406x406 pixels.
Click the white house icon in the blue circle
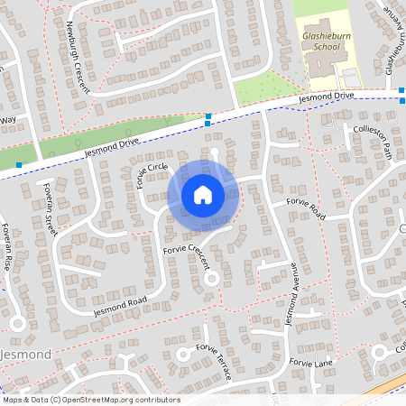[203, 194]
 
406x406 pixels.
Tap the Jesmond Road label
[117, 306]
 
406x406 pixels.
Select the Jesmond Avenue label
[291, 294]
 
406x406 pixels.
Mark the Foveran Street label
[51, 209]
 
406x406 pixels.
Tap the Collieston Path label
[368, 134]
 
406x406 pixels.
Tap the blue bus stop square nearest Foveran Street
[19, 165]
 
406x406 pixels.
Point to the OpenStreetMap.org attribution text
[90, 400]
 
